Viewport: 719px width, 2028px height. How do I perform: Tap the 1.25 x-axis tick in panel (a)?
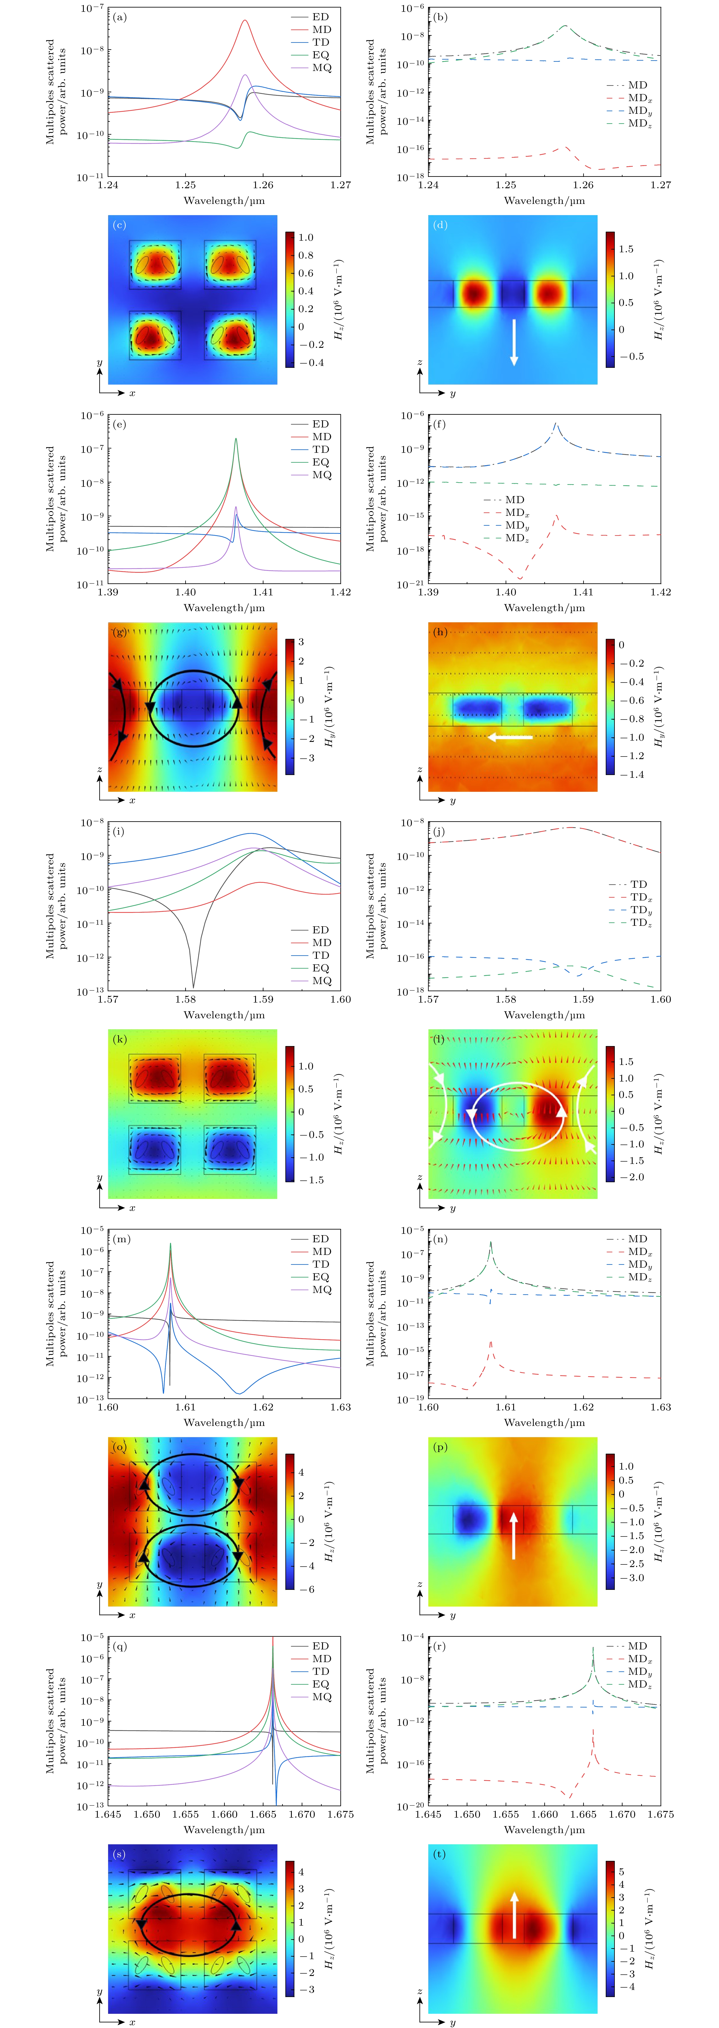(x=186, y=185)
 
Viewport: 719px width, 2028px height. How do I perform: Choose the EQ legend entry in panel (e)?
(x=321, y=462)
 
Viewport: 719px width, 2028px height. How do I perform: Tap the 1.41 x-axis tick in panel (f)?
(x=583, y=592)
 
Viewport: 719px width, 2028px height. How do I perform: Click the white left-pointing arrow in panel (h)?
(x=510, y=738)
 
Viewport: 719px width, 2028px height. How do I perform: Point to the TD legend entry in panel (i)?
(x=321, y=955)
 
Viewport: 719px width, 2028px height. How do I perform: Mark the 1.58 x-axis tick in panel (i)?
(x=186, y=999)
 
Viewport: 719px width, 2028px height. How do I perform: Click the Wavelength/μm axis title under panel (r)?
(x=544, y=1830)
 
